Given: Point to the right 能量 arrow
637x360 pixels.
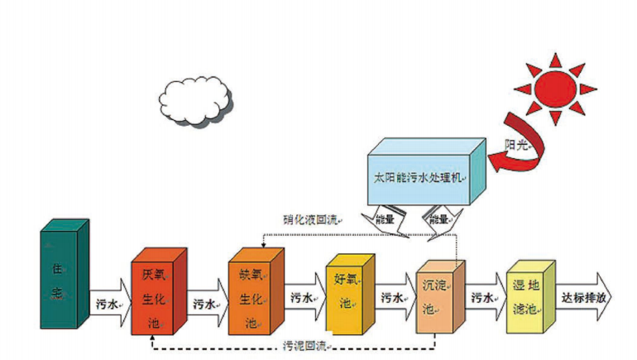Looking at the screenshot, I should (438, 221).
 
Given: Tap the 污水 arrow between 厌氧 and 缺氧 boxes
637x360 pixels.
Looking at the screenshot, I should (205, 303).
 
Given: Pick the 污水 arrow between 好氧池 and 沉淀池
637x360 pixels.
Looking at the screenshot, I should (393, 298).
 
